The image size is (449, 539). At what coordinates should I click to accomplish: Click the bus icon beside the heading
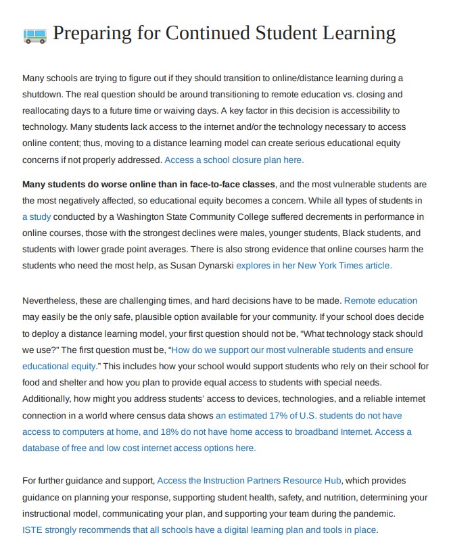(34, 34)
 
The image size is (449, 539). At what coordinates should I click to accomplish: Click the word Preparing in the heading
(85, 33)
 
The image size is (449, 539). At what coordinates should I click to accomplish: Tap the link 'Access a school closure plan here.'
(234, 160)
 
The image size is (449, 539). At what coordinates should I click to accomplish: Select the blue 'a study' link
(37, 216)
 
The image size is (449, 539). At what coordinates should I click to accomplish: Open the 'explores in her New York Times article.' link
(314, 266)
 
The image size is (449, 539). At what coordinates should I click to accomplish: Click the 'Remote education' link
(381, 300)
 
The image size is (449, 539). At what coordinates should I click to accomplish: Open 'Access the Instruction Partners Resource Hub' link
(249, 480)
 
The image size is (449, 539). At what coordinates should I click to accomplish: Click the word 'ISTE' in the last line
(32, 530)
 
